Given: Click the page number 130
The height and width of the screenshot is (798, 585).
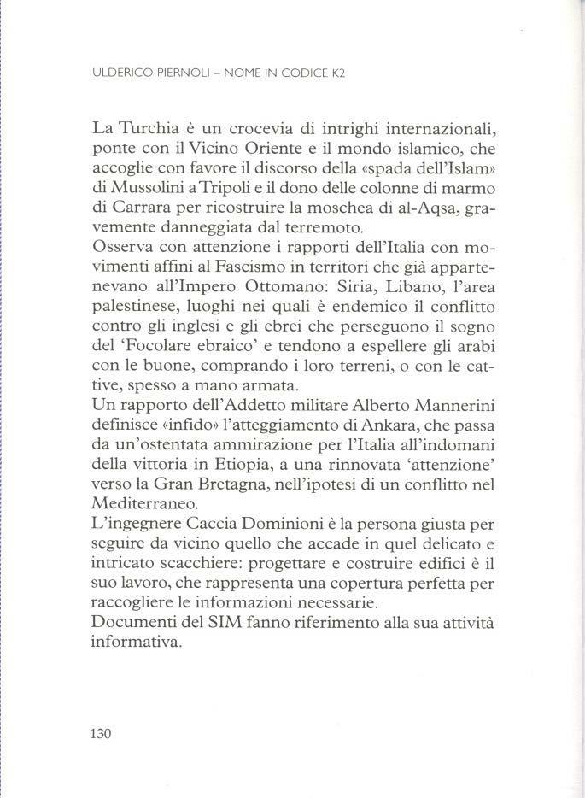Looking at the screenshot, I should (101, 733).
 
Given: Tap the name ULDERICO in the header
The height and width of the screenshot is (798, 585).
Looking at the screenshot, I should (121, 73).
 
